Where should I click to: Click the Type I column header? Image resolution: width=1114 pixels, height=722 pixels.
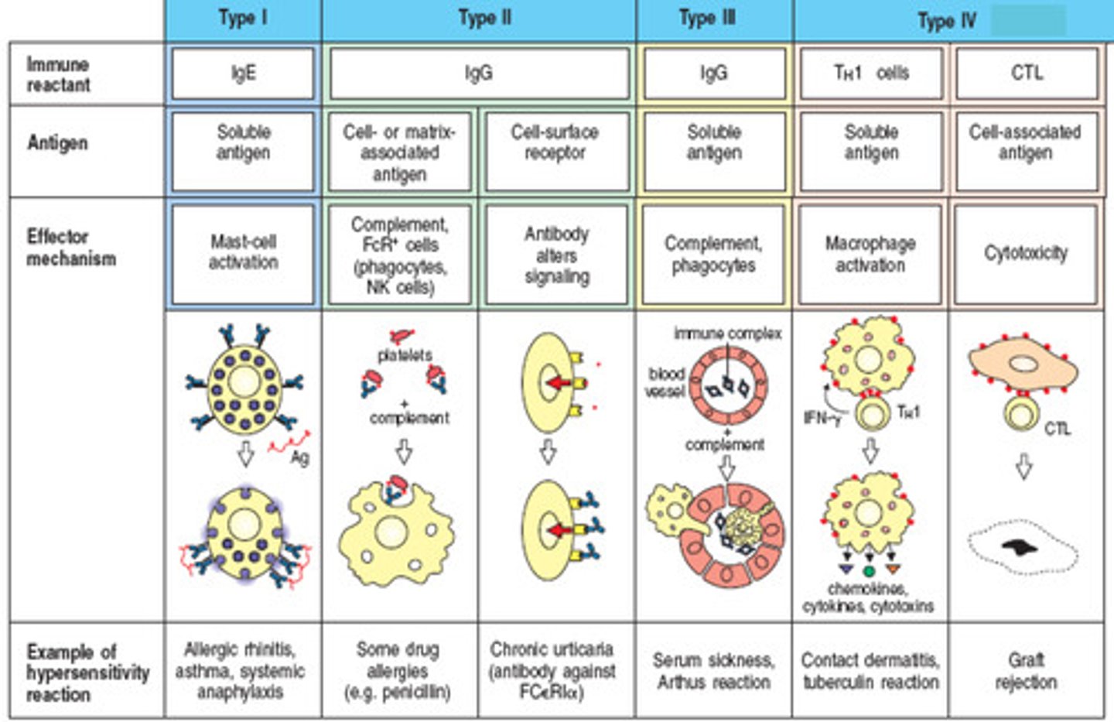(243, 19)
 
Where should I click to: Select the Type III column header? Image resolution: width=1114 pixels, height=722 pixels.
(708, 19)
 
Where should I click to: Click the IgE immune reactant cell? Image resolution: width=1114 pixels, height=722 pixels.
(243, 74)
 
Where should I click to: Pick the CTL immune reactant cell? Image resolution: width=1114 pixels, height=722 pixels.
(1027, 74)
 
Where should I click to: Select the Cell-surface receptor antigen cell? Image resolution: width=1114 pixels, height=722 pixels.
(555, 143)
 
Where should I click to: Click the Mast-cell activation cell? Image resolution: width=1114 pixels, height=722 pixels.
(243, 252)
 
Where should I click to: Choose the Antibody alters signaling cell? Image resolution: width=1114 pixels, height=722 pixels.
(556, 255)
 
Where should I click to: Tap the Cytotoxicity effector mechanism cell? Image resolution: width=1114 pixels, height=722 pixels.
(1026, 253)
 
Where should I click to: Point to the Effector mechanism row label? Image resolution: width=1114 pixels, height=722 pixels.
(71, 248)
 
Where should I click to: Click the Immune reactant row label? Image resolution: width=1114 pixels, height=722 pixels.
(58, 74)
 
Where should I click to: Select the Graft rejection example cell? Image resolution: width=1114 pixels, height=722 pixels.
(1026, 670)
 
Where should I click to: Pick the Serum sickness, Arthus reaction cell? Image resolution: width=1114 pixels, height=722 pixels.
(713, 671)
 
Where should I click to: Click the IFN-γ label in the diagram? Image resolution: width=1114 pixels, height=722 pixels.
(822, 418)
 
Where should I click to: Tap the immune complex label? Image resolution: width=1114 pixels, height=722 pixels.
(727, 334)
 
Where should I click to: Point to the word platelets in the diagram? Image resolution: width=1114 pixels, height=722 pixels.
(405, 355)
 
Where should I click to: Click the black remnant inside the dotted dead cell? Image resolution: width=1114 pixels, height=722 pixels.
(1020, 547)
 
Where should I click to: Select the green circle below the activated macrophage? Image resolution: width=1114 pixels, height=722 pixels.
(869, 571)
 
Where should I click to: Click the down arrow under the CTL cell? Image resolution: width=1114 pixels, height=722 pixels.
(1023, 467)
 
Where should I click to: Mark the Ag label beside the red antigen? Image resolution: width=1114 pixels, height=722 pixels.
(300, 457)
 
